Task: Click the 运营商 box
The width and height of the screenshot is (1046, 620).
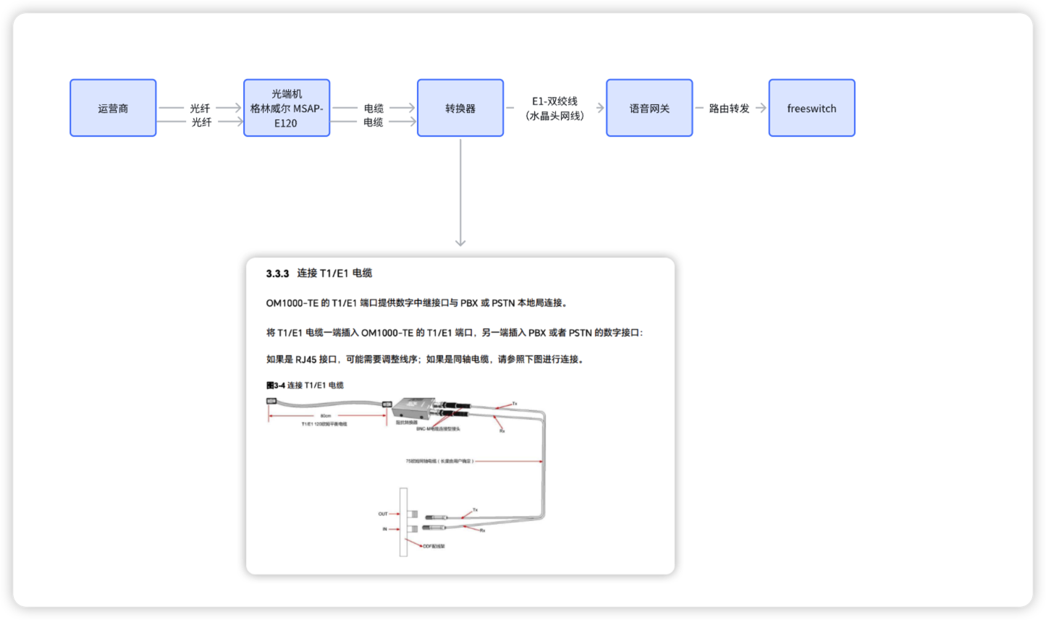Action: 113,109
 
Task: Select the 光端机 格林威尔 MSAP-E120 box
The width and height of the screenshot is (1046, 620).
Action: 287,109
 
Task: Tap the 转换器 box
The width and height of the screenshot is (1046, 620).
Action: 460,109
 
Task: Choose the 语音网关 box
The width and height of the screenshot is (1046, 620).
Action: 649,109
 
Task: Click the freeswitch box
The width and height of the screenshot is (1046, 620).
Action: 811,109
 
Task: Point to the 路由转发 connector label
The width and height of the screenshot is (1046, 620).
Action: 729,109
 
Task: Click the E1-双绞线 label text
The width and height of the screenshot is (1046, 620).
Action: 554,101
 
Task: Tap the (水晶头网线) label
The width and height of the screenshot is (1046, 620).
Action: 554,116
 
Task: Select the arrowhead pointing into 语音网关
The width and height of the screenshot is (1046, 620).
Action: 600,109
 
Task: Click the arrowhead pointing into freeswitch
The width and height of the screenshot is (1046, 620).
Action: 762,109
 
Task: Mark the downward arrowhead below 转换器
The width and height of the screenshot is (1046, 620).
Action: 460,242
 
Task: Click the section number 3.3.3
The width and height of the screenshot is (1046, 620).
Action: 277,273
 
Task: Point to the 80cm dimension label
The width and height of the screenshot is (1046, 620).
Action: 326,416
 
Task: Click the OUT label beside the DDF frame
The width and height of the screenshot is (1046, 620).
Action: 383,514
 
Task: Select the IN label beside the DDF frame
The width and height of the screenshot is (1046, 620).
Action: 384,529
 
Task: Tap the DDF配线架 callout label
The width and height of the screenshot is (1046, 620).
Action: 434,546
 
